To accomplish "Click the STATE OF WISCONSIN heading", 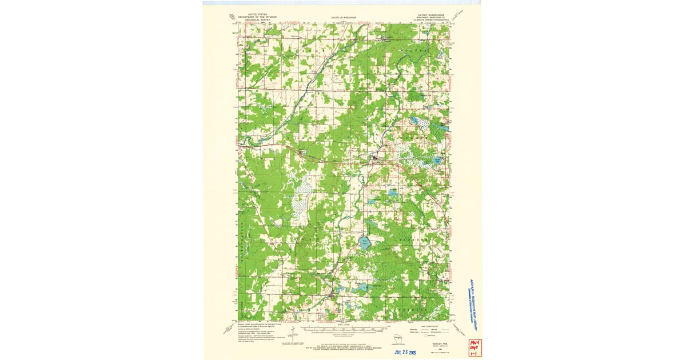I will point(344,18).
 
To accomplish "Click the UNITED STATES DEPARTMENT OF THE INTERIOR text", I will point(255,19).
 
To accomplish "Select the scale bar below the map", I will point(343,329).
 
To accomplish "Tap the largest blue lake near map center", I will point(364,243).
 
